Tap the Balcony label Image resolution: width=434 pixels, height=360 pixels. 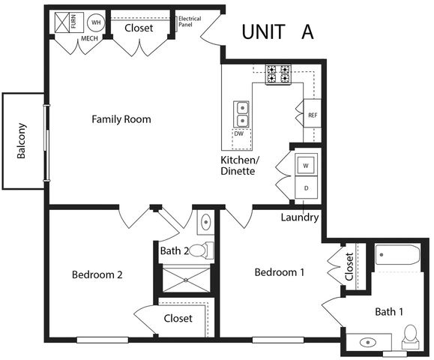tap(22, 140)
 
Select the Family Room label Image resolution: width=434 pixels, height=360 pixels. tap(121, 119)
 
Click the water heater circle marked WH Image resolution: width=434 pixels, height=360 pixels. tap(97, 22)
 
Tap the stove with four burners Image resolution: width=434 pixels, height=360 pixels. tap(279, 73)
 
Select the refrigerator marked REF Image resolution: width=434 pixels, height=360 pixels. tap(313, 115)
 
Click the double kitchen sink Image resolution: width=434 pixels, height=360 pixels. tap(242, 114)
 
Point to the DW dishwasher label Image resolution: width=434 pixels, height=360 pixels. tap(238, 133)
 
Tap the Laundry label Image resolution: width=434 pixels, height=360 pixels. tap(300, 218)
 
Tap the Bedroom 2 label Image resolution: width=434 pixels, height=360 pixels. tap(97, 274)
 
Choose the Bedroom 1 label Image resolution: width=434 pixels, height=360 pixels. tap(279, 272)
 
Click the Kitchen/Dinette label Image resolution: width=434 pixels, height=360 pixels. tap(239, 166)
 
